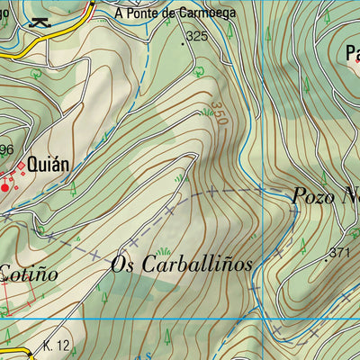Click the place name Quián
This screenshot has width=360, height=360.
coord(49,166)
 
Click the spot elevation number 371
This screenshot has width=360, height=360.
coord(339,253)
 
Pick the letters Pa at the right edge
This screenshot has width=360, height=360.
coord(352,53)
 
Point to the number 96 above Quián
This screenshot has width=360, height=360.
coord(6,149)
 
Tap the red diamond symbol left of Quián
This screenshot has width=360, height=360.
coord(21,167)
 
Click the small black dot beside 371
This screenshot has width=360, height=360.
coord(325,258)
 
